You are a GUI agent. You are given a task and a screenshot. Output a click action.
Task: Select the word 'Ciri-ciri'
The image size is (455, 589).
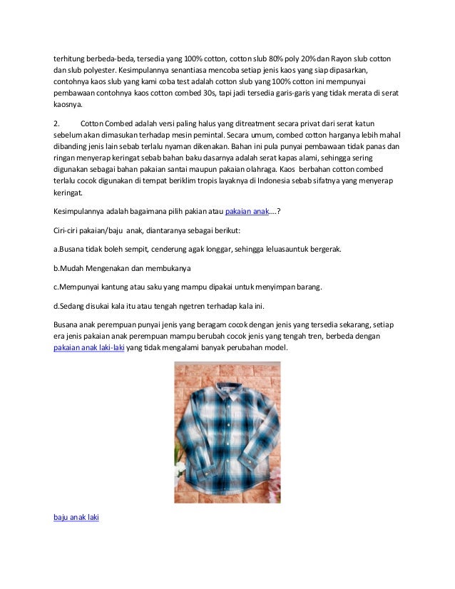70,231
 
